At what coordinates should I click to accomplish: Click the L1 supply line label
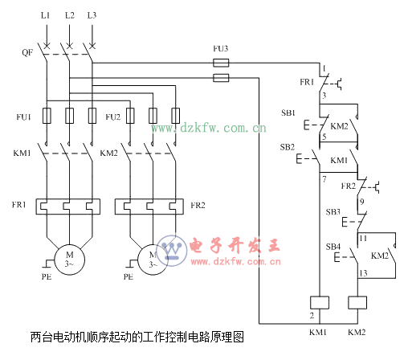[x=45, y=15]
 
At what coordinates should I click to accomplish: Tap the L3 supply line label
[x=92, y=15]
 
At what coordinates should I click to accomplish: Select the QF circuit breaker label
[x=27, y=52]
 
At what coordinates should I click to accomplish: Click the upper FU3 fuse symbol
[x=221, y=63]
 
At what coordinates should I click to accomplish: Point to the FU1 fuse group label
[x=23, y=117]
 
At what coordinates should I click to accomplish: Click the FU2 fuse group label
[x=112, y=117]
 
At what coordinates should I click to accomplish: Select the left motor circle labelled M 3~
[x=70, y=260]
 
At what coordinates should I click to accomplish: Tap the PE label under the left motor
[x=47, y=276]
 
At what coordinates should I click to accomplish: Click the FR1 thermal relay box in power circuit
[x=68, y=207]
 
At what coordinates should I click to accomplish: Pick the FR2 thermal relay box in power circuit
[x=149, y=207]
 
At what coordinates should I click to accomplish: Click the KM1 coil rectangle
[x=320, y=303]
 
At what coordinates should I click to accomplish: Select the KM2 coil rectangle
[x=357, y=303]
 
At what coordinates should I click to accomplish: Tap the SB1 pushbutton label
[x=288, y=112]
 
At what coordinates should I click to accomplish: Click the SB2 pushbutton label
[x=288, y=147]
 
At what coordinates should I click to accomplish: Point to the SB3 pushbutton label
[x=333, y=212]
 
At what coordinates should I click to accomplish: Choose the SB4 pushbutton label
[x=333, y=247]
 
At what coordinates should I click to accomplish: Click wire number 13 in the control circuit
[x=363, y=273]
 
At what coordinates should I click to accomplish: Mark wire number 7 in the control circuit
[x=324, y=179]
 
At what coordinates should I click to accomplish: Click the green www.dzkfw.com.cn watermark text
[x=209, y=128]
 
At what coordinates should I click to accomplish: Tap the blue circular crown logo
[x=172, y=251]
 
